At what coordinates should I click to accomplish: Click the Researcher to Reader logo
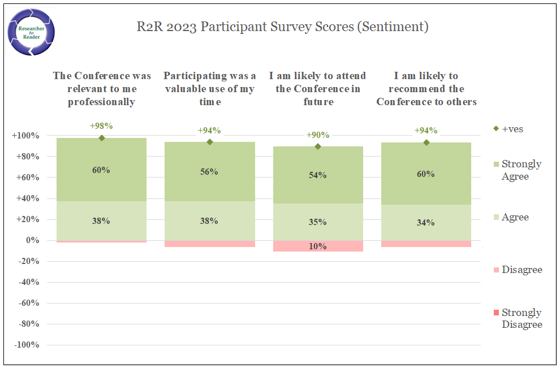click(x=32, y=32)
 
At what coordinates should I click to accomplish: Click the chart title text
click(x=282, y=27)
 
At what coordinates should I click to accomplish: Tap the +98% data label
click(x=102, y=125)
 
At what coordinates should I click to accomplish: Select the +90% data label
click(x=318, y=135)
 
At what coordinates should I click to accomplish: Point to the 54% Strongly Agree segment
click(x=318, y=175)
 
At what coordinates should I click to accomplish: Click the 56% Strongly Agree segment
click(x=209, y=172)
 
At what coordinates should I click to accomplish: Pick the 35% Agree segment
click(x=318, y=222)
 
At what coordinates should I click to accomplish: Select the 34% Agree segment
click(x=426, y=223)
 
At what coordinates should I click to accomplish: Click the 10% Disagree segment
click(x=318, y=246)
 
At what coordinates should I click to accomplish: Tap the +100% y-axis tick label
click(x=25, y=136)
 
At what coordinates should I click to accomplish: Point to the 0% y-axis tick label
click(x=32, y=240)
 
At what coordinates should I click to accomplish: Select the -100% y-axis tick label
click(x=25, y=345)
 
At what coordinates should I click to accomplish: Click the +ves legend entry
click(x=509, y=129)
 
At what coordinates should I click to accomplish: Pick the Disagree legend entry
click(x=522, y=270)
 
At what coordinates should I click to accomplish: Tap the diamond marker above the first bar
click(x=102, y=138)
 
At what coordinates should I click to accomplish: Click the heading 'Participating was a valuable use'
click(x=209, y=89)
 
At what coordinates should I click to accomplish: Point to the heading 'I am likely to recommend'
click(x=427, y=89)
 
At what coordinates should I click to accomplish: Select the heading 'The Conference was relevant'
click(x=102, y=89)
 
